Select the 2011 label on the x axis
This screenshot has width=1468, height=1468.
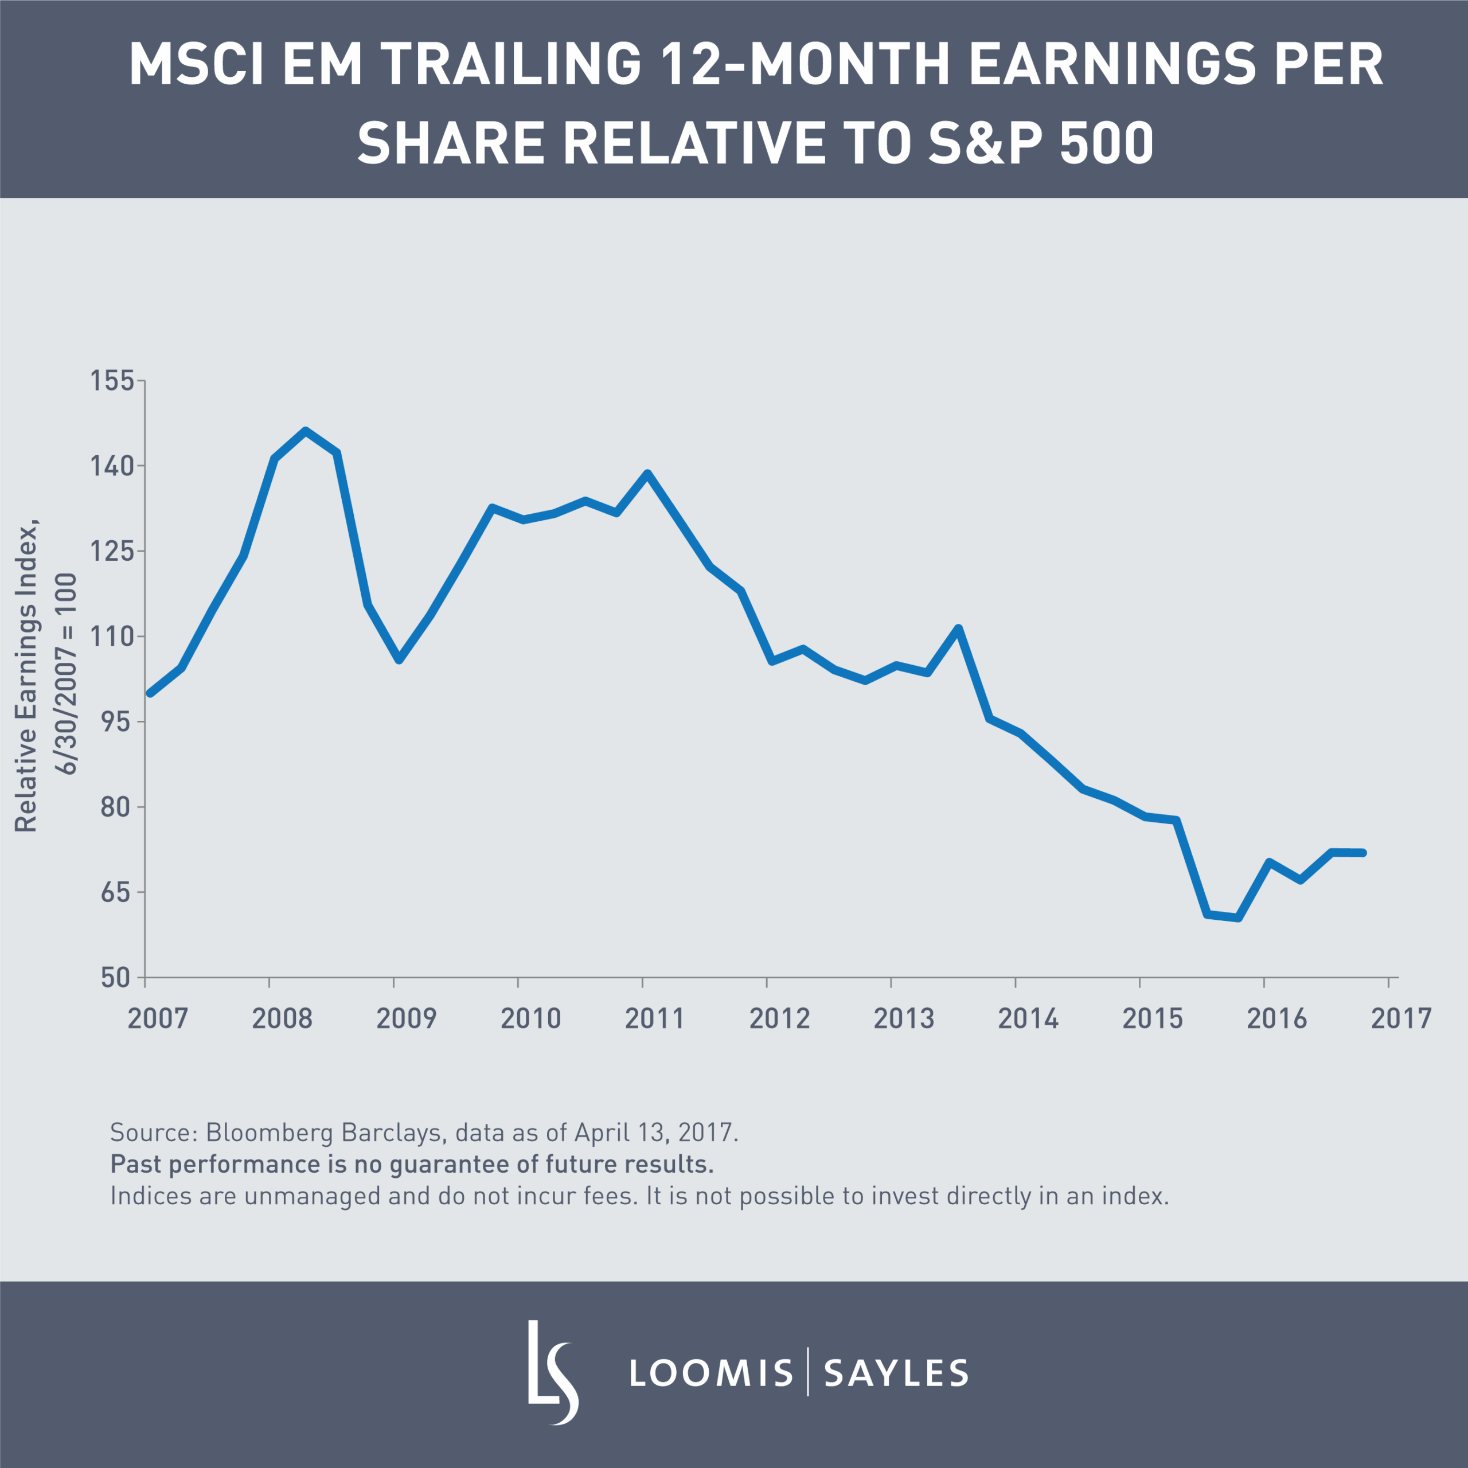pos(654,1018)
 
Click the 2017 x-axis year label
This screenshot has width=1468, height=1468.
pos(1400,1018)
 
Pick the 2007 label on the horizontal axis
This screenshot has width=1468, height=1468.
pos(157,1018)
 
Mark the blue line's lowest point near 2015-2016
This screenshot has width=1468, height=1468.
pos(1239,918)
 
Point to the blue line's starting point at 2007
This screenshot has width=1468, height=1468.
pos(150,693)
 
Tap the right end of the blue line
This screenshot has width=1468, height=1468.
pos(1363,853)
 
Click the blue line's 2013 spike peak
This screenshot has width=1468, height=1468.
pos(959,628)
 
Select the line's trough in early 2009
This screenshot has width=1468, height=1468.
pos(400,659)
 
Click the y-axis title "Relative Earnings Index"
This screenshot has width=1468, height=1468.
pos(26,676)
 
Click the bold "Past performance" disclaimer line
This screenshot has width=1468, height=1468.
pos(412,1164)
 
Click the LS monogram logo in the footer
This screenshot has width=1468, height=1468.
pos(552,1372)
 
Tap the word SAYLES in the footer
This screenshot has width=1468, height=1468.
pos(896,1372)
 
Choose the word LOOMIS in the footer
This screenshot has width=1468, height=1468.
pos(711,1372)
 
